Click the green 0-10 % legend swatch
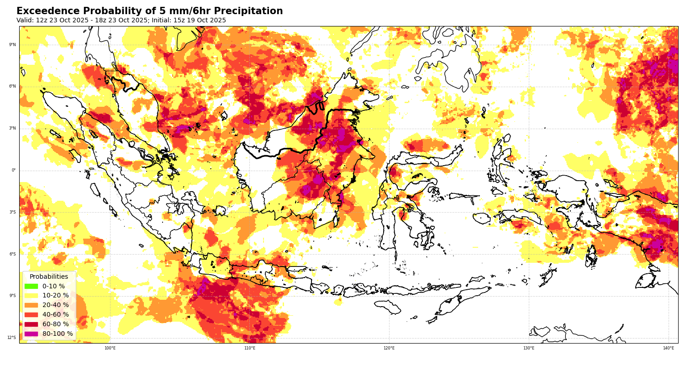click(x=31, y=286)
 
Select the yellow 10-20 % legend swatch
click(x=31, y=296)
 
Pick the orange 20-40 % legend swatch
click(x=31, y=305)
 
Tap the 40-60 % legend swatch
click(x=31, y=315)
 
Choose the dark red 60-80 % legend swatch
click(x=31, y=324)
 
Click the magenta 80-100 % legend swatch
click(x=31, y=334)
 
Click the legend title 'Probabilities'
click(x=49, y=276)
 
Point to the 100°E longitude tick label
click(x=110, y=348)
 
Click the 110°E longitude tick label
click(x=250, y=348)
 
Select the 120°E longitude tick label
click(x=389, y=348)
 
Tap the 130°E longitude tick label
click(x=529, y=348)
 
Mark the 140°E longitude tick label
click(x=669, y=348)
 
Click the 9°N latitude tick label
click(x=12, y=45)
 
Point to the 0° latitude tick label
click(x=14, y=170)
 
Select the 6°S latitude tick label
click(x=12, y=254)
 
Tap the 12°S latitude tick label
click(x=11, y=338)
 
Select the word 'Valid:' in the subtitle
click(x=25, y=21)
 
